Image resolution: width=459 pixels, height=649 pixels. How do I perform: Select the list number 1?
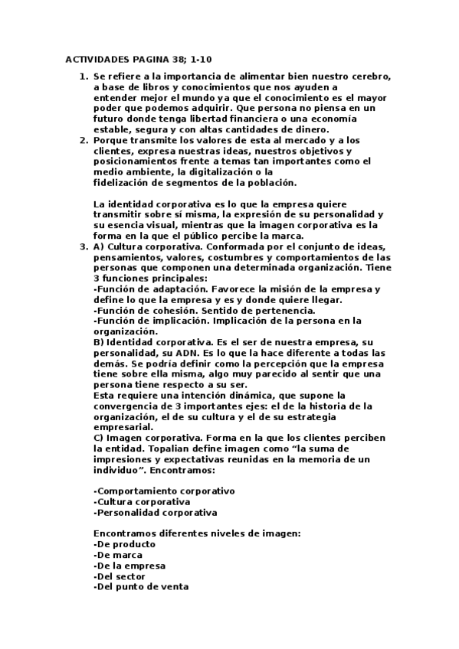coord(83,77)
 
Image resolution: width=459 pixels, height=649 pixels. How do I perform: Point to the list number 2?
coord(83,141)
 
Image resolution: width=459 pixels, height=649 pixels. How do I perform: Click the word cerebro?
coord(373,77)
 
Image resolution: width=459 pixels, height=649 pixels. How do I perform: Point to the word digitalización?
coord(218,172)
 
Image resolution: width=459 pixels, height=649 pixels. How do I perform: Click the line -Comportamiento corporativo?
coord(164,491)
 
